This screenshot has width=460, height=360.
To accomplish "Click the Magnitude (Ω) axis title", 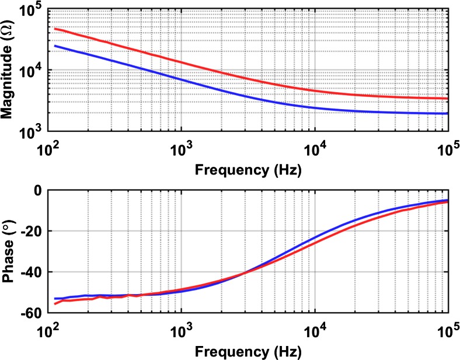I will pos(9,71).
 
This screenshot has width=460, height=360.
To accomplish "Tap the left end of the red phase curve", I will pos(55,303).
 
